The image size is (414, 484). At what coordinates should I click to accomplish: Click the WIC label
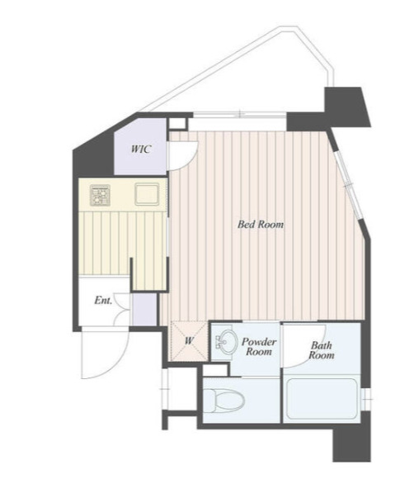tap(141, 149)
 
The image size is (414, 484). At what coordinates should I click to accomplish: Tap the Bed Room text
tap(261, 224)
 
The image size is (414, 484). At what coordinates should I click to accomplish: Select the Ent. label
tap(103, 301)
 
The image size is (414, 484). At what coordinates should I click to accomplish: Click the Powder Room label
tap(259, 347)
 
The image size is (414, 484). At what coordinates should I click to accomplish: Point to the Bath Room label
tap(321, 350)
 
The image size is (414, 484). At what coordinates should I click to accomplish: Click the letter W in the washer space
tap(189, 341)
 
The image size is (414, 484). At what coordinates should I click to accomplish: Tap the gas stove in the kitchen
tap(100, 196)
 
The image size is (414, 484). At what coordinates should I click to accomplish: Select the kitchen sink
tap(147, 194)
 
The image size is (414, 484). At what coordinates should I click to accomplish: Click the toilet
tap(223, 401)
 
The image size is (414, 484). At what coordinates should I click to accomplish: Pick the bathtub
tap(322, 398)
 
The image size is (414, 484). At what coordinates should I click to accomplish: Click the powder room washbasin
tap(226, 341)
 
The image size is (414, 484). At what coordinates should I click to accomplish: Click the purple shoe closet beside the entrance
tap(144, 309)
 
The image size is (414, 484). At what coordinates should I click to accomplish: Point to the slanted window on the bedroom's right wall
tap(348, 184)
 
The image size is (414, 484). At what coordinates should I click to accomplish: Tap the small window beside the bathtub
tap(366, 400)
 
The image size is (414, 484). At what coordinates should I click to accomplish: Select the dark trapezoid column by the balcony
tap(346, 107)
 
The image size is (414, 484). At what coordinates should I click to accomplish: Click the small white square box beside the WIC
tap(177, 123)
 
